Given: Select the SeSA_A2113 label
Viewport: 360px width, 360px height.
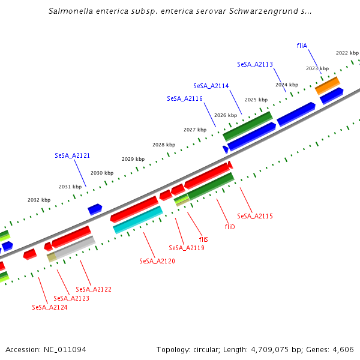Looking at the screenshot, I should pos(255,64).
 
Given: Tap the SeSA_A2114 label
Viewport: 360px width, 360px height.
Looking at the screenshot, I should pos(211,86).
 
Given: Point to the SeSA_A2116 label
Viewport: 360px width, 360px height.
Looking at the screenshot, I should pos(185,98).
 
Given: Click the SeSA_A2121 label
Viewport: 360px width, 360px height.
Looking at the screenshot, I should pos(72,155).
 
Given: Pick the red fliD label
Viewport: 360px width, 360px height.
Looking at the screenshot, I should pos(230,227).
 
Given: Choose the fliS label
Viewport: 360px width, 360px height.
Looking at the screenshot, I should pos(203,239).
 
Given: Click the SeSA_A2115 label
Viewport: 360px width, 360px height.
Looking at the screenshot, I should pos(255,216).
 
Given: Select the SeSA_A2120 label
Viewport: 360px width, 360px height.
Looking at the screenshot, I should pos(157,261).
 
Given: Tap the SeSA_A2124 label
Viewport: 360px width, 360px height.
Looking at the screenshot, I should pos(50,307).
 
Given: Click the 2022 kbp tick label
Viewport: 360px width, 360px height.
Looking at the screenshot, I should pos(347,53).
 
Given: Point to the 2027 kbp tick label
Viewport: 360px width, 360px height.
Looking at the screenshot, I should pos(195,130).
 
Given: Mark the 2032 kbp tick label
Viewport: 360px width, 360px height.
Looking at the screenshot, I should pos(39,200).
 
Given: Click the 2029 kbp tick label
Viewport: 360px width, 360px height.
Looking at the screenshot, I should pos(133,159).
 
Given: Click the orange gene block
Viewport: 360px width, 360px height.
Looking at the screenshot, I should pos(328,85).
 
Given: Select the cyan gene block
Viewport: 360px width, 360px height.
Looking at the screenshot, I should pos(137,220).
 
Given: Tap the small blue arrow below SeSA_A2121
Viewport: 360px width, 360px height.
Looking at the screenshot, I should pos(95,209).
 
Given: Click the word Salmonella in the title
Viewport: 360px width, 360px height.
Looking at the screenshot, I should pos(71,11).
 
